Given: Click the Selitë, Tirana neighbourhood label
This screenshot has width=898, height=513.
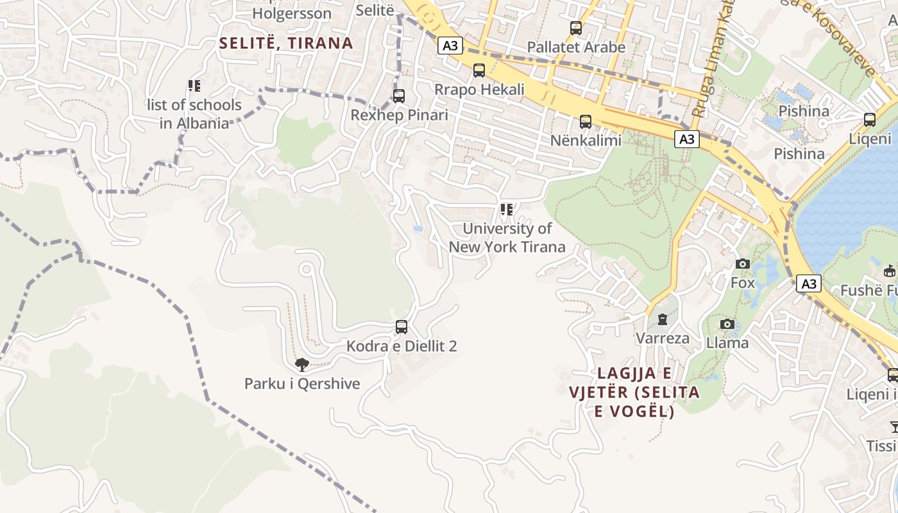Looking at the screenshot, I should (286, 43).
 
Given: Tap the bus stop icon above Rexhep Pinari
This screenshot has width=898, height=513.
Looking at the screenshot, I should (399, 96).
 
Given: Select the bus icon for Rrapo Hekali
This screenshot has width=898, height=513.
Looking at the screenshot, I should (479, 71).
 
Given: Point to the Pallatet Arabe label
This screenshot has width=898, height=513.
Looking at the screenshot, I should (576, 47).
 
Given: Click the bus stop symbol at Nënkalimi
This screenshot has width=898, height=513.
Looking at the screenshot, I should (586, 122).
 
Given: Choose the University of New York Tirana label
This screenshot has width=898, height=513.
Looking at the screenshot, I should (507, 238).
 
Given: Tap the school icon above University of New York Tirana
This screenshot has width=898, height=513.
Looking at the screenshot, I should (507, 210).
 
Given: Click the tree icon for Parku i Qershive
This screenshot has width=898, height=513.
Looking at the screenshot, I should (301, 366).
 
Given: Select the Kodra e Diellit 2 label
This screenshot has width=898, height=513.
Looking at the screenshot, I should (402, 346).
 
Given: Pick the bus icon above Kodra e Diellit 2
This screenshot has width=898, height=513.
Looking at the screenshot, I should (402, 327).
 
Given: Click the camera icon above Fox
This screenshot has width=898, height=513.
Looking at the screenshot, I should (743, 264).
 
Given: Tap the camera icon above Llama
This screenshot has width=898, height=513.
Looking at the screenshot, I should (727, 324).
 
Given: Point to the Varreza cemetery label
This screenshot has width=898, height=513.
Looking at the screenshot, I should (663, 338).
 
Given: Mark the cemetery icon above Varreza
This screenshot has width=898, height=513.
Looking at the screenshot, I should (663, 319).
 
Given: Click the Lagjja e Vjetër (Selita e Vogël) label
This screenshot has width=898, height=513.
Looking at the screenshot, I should (634, 392).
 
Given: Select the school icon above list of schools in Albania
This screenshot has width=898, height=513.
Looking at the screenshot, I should (194, 85).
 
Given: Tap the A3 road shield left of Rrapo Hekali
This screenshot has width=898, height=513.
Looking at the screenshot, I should (451, 46).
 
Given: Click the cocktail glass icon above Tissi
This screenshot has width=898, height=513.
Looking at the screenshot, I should (894, 426).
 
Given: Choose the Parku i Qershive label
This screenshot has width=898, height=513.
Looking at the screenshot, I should (302, 384).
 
